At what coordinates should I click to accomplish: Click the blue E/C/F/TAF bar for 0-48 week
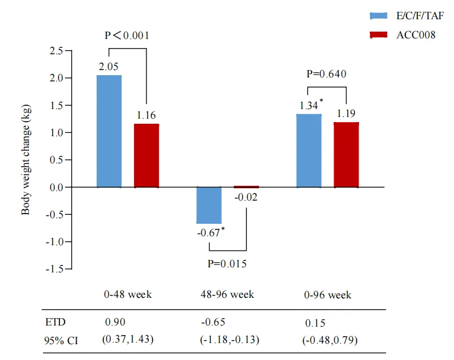point(109,131)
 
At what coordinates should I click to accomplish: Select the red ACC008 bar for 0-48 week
point(146,155)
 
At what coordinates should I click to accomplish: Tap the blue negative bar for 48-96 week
point(209,205)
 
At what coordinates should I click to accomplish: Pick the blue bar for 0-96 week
point(309,150)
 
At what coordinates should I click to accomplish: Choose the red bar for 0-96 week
point(346,154)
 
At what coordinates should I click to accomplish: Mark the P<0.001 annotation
point(127,35)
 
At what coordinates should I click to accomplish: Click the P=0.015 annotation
point(227,263)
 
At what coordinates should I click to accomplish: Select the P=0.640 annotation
point(326,73)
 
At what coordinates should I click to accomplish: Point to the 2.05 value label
point(109,66)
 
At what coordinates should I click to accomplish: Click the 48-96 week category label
point(227,294)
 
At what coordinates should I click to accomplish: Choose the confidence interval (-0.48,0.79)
point(330,340)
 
